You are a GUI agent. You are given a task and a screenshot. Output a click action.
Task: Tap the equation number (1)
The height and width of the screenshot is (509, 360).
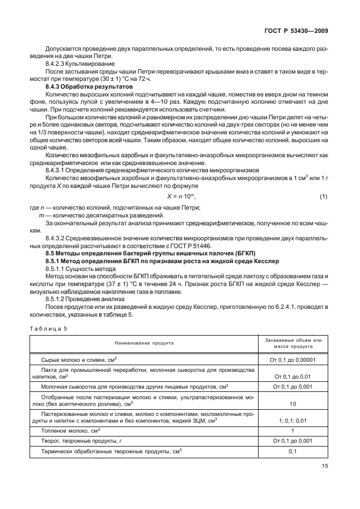pos(323,197)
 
